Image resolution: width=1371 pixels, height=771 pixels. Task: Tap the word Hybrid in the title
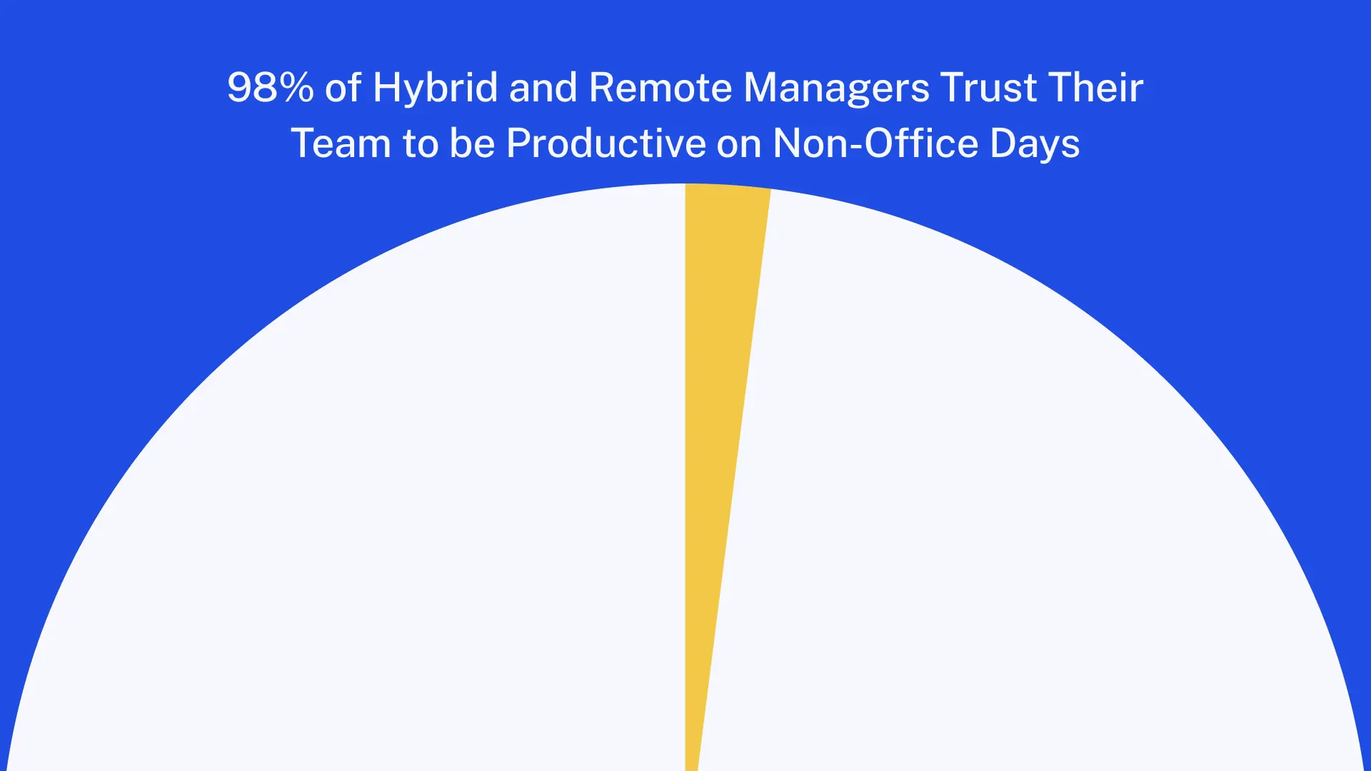tap(435, 88)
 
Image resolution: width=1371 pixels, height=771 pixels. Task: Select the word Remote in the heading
tap(661, 88)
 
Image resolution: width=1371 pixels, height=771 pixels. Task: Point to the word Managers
tap(836, 88)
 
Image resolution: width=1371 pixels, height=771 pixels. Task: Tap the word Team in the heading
tap(341, 143)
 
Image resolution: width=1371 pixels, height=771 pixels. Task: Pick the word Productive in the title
tap(606, 143)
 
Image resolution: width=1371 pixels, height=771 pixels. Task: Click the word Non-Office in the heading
tap(875, 143)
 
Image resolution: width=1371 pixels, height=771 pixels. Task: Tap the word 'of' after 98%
tap(343, 88)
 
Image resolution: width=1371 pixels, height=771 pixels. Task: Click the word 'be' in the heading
tap(472, 143)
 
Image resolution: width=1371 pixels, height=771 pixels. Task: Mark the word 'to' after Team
tap(420, 143)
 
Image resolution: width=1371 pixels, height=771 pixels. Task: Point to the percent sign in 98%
tap(295, 88)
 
